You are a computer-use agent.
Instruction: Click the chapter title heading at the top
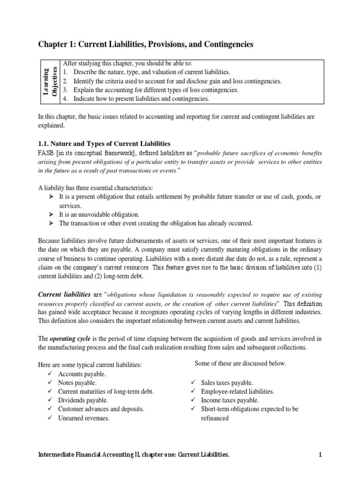point(145,44)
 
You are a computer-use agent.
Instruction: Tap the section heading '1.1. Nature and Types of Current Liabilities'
point(104,143)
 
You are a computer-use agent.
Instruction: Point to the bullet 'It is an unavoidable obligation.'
point(99,214)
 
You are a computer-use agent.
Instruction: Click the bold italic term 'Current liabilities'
point(64,294)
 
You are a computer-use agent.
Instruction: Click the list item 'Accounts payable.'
point(82,374)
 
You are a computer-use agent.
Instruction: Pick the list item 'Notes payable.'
point(77,382)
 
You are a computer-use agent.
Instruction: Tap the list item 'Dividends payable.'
point(83,400)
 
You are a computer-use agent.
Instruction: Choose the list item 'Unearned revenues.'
point(84,418)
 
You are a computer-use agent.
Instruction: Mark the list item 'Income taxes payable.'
point(230,400)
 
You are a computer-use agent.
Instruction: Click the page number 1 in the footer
point(321,454)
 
